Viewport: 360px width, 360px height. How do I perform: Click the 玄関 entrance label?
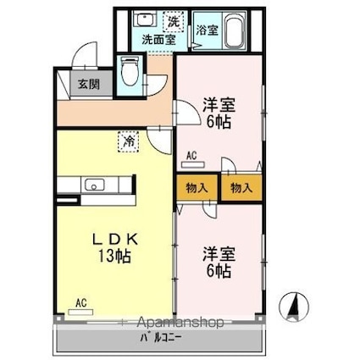coord(89,84)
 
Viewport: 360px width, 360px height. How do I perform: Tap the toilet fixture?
coord(130,71)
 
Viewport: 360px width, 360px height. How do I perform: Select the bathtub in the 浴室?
coord(235,30)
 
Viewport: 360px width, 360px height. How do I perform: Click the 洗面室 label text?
coord(158,40)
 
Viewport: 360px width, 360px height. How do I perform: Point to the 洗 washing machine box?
coord(174,22)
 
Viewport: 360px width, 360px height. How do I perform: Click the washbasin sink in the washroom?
coord(146,19)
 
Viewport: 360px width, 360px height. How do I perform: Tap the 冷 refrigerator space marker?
coord(129,141)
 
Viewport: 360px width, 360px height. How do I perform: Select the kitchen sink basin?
coord(95,185)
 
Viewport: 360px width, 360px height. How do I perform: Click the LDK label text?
coord(115,240)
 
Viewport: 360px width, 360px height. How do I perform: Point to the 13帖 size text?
coord(114,256)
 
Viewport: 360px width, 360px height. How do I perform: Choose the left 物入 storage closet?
coord(197,188)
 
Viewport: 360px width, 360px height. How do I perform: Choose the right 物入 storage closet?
coord(241,188)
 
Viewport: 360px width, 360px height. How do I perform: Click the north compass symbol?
coord(294,307)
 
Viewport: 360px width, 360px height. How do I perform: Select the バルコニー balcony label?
coord(161,337)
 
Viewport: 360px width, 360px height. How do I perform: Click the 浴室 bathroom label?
coord(208,30)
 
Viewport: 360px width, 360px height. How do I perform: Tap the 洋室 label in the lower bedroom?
coord(219,254)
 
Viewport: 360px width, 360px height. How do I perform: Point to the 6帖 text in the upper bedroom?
coord(219,122)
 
